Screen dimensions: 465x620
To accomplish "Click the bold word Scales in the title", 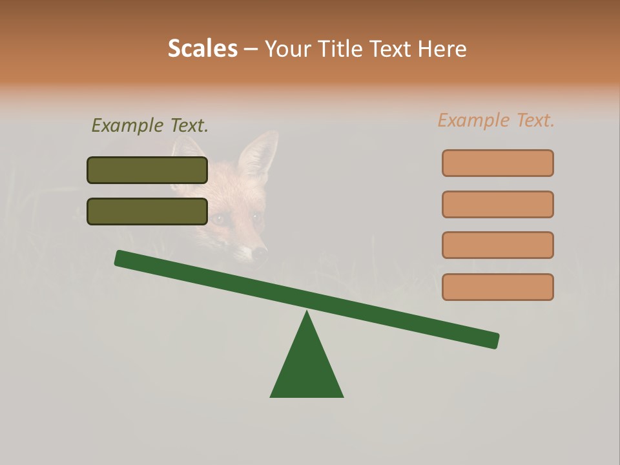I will [x=202, y=48].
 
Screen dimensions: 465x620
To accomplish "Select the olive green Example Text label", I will [x=150, y=125].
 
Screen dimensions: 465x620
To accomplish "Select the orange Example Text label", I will [x=496, y=120].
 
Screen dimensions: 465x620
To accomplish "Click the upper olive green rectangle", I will [x=147, y=170].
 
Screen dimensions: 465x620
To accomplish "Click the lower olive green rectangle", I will [x=147, y=211].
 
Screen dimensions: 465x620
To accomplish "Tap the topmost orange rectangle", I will [x=497, y=163].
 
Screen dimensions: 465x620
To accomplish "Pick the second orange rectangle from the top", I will [x=497, y=204].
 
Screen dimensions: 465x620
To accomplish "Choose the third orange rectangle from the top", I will [x=497, y=245].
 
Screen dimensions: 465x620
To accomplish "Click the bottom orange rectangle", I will [x=497, y=287].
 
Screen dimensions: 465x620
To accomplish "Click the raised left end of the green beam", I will [x=123, y=258].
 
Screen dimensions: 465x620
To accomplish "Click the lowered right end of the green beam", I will [x=491, y=340].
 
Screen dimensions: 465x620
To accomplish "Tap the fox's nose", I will [x=260, y=251].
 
